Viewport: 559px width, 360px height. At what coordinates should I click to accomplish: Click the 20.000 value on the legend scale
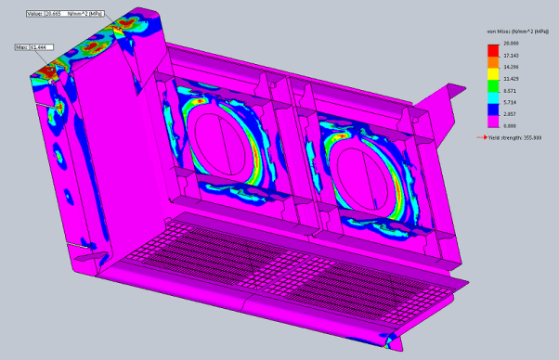(x=510, y=43)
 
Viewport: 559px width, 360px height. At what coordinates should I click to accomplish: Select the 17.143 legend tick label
(x=510, y=55)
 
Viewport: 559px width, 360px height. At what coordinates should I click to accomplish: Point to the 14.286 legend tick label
(x=510, y=68)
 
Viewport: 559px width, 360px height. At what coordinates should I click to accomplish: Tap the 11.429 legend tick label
(x=510, y=81)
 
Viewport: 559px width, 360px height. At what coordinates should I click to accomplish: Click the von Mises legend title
(x=512, y=32)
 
